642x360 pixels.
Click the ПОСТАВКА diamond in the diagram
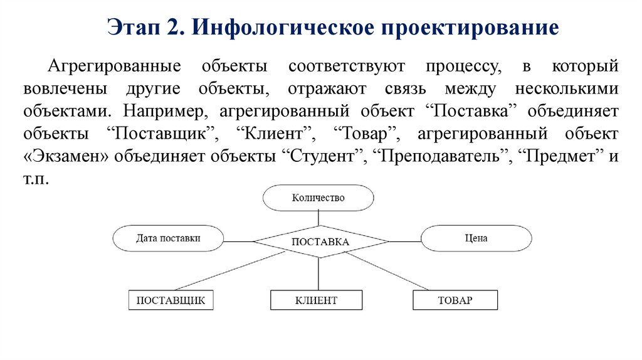[320, 241]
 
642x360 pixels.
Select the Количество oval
[318, 198]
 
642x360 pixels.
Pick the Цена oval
[476, 238]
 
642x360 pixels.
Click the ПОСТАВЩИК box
[171, 300]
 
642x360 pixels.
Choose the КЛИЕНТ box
[316, 300]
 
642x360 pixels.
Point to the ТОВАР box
[455, 300]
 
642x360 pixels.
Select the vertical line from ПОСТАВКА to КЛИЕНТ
[318, 274]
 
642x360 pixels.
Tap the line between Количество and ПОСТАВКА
[318, 218]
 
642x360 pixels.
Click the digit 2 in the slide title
[174, 28]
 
